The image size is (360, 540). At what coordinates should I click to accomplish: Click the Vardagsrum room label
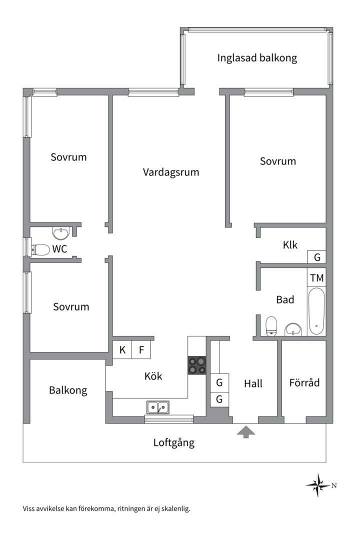171,172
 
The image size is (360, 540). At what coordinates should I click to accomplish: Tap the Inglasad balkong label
257,57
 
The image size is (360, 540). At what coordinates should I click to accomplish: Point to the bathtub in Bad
316,311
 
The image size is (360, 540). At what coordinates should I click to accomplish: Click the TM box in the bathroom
316,278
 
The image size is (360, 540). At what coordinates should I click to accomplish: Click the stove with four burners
197,365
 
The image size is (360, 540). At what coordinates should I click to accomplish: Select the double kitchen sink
157,407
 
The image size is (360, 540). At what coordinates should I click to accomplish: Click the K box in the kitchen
122,350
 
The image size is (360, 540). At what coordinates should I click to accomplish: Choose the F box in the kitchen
141,350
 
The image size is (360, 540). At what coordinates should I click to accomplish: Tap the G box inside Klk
316,257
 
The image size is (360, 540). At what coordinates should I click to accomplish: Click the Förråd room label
304,383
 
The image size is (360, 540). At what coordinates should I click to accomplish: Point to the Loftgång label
173,442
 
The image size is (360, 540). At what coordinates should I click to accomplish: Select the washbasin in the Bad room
293,329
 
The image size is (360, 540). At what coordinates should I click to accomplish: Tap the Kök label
153,376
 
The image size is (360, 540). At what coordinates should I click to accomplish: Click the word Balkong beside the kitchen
68,390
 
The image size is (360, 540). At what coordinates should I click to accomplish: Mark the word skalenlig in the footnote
175,509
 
